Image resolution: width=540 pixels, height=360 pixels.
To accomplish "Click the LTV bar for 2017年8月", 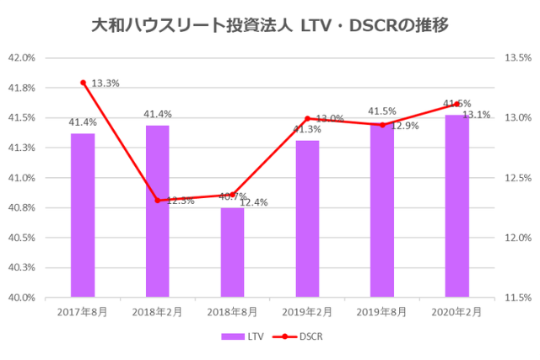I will tap(83, 215).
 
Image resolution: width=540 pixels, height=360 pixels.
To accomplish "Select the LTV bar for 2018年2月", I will tap(158, 211).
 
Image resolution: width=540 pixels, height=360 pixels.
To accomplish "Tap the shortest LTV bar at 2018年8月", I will tap(233, 252).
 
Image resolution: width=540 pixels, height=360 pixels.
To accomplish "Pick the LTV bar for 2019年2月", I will tap(307, 218).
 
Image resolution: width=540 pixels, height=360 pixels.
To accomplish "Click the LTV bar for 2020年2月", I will tap(457, 206).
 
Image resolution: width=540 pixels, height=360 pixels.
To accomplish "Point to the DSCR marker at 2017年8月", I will tap(83, 83).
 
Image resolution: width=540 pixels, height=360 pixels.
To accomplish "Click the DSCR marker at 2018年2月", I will tap(158, 201).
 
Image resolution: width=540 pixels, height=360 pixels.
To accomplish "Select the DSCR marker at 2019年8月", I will tap(382, 125).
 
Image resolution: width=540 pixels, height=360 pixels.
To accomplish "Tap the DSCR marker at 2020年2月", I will tap(457, 104).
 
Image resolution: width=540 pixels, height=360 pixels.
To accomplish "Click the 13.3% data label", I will tap(105, 83).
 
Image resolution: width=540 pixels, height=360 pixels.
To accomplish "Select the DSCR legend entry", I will tap(301, 336).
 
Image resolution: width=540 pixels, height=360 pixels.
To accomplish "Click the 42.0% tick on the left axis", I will tap(21, 58).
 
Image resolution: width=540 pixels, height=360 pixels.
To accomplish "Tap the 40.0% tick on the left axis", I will tap(21, 298).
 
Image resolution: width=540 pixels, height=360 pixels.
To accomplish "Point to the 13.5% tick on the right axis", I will tap(516, 58).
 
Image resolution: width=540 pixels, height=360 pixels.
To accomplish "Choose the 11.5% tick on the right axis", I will tap(516, 298).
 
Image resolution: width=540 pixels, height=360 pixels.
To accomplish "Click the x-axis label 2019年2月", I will tap(307, 311).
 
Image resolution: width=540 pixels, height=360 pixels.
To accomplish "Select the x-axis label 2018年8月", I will tap(233, 311).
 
